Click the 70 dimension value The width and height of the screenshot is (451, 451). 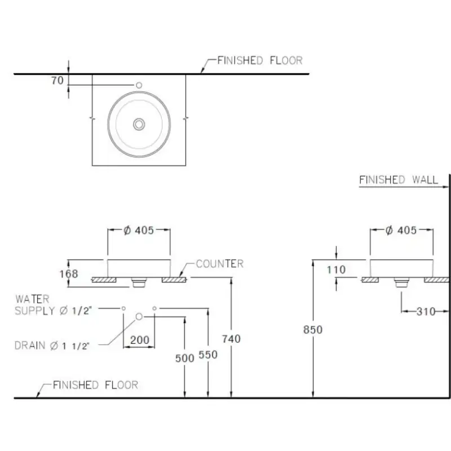[x=58, y=80]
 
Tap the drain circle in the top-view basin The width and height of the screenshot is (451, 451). [x=139, y=123]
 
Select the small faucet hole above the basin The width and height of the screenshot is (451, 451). [x=139, y=85]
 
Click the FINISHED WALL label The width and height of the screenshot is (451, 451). [x=399, y=180]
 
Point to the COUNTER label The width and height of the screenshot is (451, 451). [x=220, y=263]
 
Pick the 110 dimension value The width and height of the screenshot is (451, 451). [x=336, y=269]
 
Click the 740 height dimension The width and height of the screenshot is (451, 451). [x=231, y=338]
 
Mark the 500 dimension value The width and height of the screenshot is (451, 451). [x=184, y=357]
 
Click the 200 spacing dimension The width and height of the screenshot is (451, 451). [x=140, y=340]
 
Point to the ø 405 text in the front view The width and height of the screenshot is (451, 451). [x=139, y=230]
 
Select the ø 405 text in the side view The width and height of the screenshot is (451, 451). [x=401, y=230]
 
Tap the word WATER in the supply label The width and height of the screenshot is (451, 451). [x=32, y=298]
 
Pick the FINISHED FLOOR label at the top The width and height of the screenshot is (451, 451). [x=260, y=60]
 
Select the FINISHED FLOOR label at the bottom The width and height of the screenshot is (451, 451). [x=95, y=385]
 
